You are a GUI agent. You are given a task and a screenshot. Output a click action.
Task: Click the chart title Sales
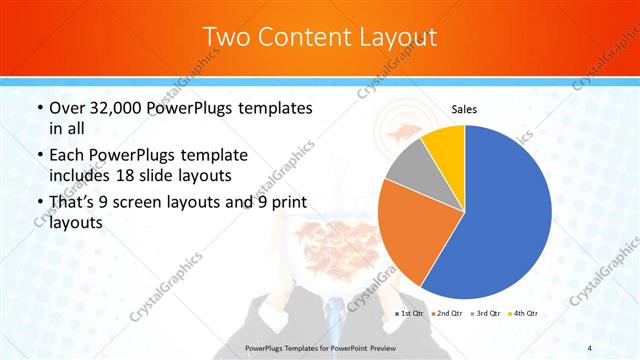(464, 108)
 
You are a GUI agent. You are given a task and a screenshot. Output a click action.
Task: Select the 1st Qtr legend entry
(411, 314)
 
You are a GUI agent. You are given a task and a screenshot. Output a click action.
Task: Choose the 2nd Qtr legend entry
(447, 314)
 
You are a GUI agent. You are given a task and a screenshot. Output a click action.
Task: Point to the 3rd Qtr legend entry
(484, 314)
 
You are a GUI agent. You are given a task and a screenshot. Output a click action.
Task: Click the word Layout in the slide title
(395, 37)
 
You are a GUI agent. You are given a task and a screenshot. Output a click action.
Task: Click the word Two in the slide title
(226, 37)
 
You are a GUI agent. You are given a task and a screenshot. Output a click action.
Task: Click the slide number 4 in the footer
(590, 346)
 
